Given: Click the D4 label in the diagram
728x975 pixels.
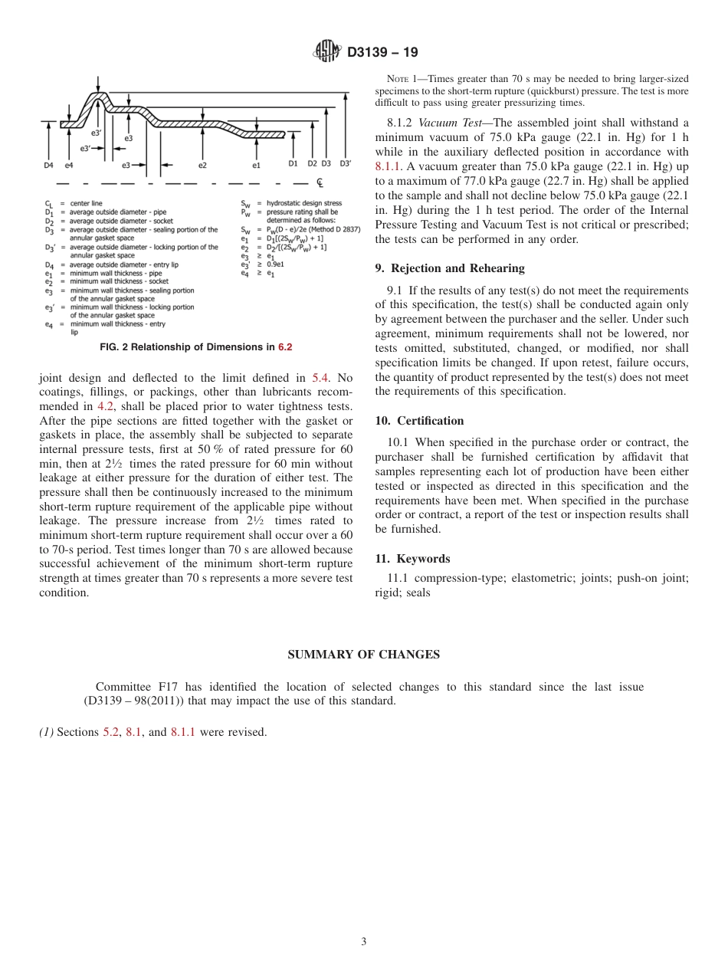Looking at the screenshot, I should pos(48,165).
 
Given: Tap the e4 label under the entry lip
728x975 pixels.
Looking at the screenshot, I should pos(69,165).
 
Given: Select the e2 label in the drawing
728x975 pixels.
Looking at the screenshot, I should pos(202,165).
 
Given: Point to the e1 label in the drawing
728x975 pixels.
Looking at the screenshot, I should pos(257,165).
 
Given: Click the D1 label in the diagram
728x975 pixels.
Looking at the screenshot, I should pos(293,163).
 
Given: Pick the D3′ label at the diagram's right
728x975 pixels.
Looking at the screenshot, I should pos(345,163).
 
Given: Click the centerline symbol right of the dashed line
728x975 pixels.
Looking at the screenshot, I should pos(320,184).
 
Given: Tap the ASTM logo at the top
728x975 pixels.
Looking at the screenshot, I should pos(327,53).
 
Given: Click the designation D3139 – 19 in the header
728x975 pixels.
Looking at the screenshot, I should pos(382,53).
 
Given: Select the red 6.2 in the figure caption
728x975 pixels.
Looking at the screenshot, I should pos(285,347).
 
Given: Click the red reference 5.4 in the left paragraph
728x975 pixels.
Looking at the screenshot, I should pos(320,377).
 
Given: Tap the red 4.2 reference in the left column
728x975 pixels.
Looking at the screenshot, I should pos(105,406).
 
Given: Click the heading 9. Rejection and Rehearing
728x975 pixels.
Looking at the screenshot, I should pos(450,268).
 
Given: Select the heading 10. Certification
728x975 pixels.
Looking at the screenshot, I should pos(419,421).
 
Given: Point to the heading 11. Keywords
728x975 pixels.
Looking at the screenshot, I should pos(412,559).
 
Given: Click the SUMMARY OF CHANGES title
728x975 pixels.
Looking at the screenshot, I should pos(363,655).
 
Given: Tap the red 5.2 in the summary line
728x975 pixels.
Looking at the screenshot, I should pos(111,732).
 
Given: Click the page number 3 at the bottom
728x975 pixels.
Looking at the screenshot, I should pos(364,942).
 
